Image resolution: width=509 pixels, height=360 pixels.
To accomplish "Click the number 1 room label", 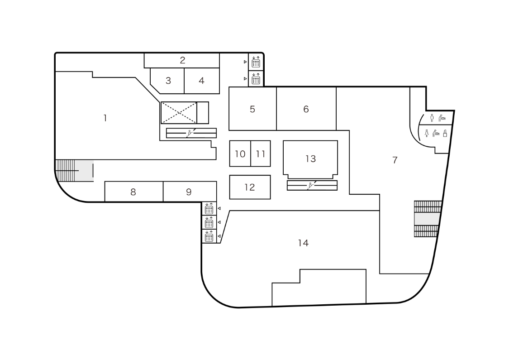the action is (x=105, y=118).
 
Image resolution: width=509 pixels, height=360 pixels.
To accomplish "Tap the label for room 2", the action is (x=182, y=60).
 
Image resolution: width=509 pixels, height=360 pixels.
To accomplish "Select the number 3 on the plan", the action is (x=168, y=81).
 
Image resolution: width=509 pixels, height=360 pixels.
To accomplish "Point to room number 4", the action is (x=201, y=81).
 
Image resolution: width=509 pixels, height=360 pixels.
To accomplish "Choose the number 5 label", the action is (x=252, y=109).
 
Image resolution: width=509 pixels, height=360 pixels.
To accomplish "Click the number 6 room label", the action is (x=306, y=109).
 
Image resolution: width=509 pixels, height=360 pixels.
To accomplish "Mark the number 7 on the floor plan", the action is (x=395, y=160).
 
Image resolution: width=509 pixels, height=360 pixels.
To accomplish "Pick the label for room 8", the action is (x=133, y=192).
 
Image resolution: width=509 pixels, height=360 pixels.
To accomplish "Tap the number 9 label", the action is (x=189, y=192).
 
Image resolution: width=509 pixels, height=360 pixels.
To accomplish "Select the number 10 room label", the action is (x=240, y=154).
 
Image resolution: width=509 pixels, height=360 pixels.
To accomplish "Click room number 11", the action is (x=260, y=154).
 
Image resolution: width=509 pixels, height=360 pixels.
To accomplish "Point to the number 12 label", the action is (x=250, y=187).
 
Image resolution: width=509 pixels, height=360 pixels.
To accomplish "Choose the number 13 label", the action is (x=310, y=158).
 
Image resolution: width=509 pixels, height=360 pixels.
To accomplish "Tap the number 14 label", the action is (x=303, y=243).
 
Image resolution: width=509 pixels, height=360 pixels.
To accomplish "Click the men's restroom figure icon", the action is (x=432, y=118).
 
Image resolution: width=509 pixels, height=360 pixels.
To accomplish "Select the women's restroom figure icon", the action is (x=427, y=134).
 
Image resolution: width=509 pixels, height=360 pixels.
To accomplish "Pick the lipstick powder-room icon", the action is (x=445, y=134).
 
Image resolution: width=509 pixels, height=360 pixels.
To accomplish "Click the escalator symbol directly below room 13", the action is (x=312, y=185).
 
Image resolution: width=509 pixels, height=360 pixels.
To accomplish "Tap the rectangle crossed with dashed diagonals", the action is (x=179, y=113).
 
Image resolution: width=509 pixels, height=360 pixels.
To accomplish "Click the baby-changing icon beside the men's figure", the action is (x=443, y=118).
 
